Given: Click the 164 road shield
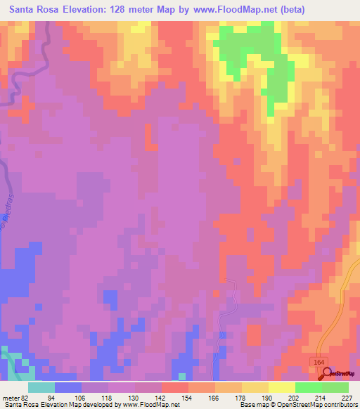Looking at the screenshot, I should point(319,361).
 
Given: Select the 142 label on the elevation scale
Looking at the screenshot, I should point(148,397).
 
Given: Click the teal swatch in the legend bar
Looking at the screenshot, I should point(41,387).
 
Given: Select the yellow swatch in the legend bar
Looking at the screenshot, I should point(281,387).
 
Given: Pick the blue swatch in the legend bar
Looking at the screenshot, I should point(68,387).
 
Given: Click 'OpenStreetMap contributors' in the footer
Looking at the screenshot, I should point(318,405).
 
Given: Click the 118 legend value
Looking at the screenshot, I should point(95,397).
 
